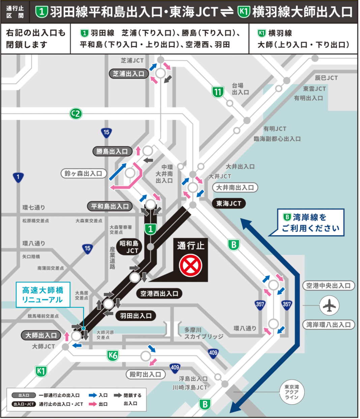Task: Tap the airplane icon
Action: pyautogui.click(x=329, y=305)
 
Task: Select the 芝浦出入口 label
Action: pyautogui.click(x=129, y=74)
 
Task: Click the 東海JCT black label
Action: pyautogui.click(x=229, y=203)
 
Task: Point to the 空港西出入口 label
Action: pyautogui.click(x=159, y=294)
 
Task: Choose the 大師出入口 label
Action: pyautogui.click(x=41, y=335)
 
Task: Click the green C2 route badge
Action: pyautogui.click(x=76, y=114)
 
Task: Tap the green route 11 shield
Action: pyautogui.click(x=218, y=92)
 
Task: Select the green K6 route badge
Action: pyautogui.click(x=113, y=355)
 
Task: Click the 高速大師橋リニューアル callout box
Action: pyautogui.click(x=43, y=295)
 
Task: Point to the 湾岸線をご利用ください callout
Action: pyautogui.click(x=310, y=223)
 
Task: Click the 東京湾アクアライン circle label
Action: pyautogui.click(x=292, y=392)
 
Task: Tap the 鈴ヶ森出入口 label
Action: pyautogui.click(x=83, y=173)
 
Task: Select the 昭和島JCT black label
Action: pyautogui.click(x=129, y=247)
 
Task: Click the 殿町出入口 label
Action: pyautogui.click(x=146, y=374)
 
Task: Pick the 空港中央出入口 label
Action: pyautogui.click(x=328, y=285)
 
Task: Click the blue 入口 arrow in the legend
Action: pyautogui.click(x=93, y=395)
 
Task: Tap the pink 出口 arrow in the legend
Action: pyautogui.click(x=93, y=404)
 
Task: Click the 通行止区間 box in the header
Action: pyautogui.click(x=15, y=12)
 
